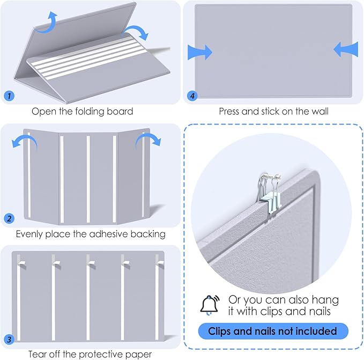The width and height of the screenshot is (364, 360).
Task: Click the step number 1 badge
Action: click(9, 95)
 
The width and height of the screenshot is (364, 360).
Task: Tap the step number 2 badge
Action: click(9, 218)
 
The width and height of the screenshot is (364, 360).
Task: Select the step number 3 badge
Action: click(9, 339)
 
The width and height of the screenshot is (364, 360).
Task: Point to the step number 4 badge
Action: click(192, 95)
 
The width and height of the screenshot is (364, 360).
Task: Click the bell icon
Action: click(210, 305)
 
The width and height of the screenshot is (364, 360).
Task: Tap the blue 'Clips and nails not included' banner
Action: click(273, 331)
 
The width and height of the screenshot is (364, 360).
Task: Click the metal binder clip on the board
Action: click(270, 193)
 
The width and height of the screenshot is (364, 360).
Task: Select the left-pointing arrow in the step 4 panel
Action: click(346, 49)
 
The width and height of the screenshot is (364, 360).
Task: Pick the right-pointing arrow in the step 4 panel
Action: click(200, 52)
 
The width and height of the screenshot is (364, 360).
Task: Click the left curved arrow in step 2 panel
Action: click(25, 142)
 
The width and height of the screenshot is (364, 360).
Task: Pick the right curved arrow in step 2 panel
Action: click(148, 141)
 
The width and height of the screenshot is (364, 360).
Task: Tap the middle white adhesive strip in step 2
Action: click(88, 179)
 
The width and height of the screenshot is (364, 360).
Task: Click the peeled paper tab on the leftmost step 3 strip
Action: click(21, 264)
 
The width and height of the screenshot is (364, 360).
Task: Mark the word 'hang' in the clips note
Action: click(325, 300)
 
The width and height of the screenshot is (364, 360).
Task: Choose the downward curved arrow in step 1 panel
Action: click(136, 32)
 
